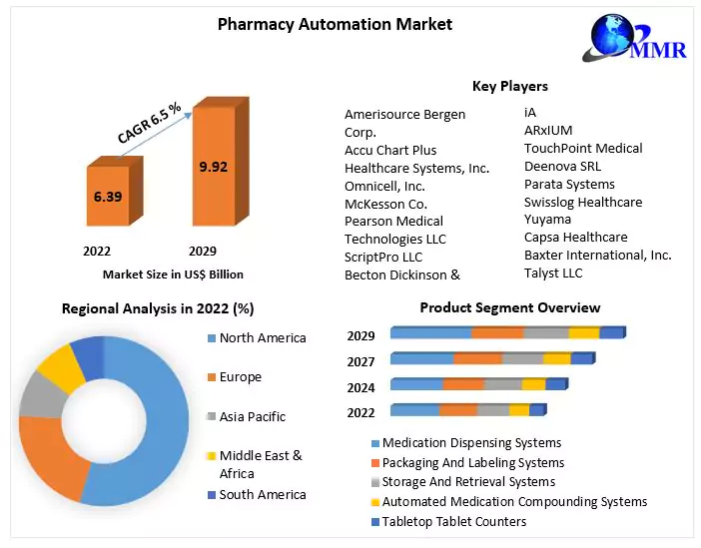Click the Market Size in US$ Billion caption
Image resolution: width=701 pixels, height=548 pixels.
173,274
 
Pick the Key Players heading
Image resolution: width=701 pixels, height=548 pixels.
509,86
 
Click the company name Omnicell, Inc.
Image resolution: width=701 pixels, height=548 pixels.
384,186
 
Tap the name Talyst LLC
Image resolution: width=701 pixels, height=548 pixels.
553,273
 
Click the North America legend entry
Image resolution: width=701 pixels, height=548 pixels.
262,338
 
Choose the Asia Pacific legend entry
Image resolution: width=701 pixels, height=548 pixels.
252,416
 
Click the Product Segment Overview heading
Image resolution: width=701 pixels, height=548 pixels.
509,307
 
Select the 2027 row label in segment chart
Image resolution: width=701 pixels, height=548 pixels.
361,360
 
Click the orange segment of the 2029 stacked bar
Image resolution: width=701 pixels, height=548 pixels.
497,333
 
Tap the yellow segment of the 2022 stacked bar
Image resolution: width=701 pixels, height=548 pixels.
518,410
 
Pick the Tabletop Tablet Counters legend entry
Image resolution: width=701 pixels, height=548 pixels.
453,521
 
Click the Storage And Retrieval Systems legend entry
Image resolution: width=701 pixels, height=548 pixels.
468,482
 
